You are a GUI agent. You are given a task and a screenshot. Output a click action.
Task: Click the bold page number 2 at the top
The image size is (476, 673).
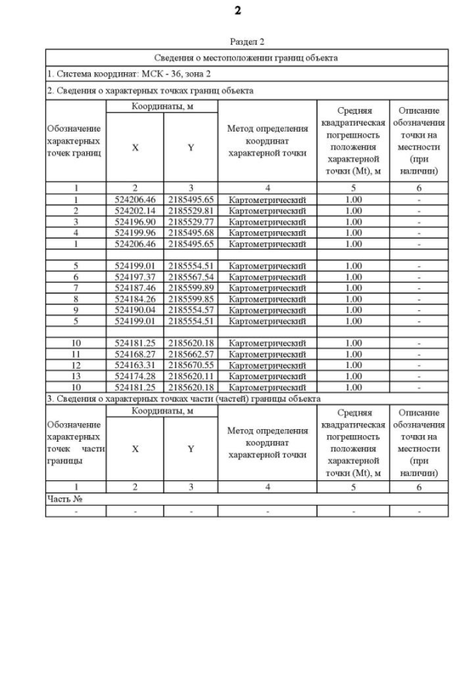(x=238, y=10)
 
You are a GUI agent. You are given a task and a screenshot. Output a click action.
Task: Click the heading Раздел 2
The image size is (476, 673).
(x=246, y=42)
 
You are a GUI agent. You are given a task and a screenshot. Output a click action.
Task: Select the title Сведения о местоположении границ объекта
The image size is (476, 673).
(x=246, y=57)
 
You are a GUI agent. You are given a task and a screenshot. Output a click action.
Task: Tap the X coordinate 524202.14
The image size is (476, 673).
(x=135, y=210)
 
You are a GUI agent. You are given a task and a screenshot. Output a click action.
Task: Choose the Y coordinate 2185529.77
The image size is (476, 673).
(x=190, y=222)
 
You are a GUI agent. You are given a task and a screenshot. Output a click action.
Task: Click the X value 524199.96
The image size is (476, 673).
(x=135, y=233)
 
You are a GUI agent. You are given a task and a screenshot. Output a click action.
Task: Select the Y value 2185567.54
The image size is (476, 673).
(x=190, y=277)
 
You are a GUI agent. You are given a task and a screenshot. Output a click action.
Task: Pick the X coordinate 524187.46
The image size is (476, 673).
(x=135, y=287)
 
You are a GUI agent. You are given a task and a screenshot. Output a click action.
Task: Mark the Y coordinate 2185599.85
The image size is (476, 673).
(x=190, y=298)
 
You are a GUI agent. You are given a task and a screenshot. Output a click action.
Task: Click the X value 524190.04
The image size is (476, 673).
(x=135, y=309)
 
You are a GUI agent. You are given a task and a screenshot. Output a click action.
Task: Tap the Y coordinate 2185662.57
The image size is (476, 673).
(x=190, y=354)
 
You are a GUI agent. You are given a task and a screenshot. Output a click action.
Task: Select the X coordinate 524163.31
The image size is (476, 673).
(x=135, y=365)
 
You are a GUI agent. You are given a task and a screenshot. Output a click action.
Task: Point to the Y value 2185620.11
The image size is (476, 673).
(x=190, y=376)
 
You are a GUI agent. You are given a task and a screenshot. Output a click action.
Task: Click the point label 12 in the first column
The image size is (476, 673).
(x=75, y=365)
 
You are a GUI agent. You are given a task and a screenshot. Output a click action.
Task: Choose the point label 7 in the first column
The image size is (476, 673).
(x=75, y=287)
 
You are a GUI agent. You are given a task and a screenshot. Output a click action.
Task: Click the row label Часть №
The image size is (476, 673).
(x=62, y=499)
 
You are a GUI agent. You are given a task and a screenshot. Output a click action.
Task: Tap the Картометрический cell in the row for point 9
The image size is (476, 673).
(x=267, y=309)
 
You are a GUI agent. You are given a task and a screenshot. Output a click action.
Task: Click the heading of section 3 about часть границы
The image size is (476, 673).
(x=183, y=399)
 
